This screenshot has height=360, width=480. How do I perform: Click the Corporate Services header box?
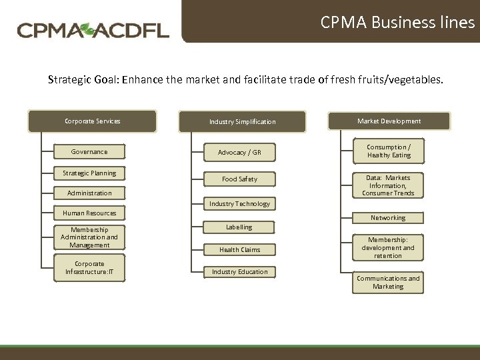[92, 121]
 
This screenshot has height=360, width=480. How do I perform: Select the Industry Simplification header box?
[242, 122]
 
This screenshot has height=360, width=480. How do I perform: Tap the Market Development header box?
[389, 121]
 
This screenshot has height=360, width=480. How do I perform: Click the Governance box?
[89, 152]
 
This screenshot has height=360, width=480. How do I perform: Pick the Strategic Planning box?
[89, 173]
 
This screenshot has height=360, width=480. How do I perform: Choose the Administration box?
[89, 193]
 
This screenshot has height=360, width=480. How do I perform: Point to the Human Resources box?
[89, 213]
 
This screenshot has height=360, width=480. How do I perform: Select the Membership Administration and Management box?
[89, 237]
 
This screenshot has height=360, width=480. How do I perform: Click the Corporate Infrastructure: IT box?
[89, 268]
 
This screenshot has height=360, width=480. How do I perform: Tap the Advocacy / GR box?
[239, 153]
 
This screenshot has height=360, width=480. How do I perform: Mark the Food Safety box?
[239, 179]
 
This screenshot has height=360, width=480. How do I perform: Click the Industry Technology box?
[239, 204]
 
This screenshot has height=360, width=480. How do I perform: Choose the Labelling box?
[239, 227]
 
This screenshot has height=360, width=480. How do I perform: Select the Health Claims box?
[239, 250]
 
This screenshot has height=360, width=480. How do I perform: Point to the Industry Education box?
[239, 272]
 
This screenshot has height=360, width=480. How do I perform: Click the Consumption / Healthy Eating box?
[389, 151]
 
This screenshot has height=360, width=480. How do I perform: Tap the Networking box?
[388, 218]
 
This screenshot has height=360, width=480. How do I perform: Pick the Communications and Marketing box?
[388, 283]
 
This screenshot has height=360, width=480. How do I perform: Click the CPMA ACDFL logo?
[93, 30]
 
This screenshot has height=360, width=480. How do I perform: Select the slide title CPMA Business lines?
[397, 23]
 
